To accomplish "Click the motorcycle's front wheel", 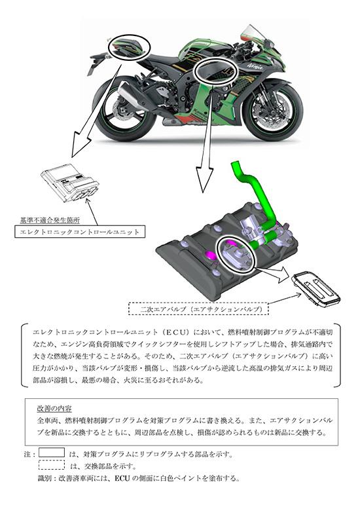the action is tap(273, 110).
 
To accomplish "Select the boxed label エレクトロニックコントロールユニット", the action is tap(80, 232).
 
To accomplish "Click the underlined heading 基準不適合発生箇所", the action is tap(50, 220).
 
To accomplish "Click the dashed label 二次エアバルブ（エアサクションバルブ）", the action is tap(199, 309).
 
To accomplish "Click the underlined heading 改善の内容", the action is tap(54, 408).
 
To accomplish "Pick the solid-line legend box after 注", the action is tap(52, 453).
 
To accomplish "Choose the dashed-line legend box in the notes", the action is tap(52, 464).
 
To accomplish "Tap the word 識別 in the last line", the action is tap(44, 478).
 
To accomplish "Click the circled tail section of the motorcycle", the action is tap(129, 47).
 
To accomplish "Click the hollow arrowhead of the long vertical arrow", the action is tap(205, 179).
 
